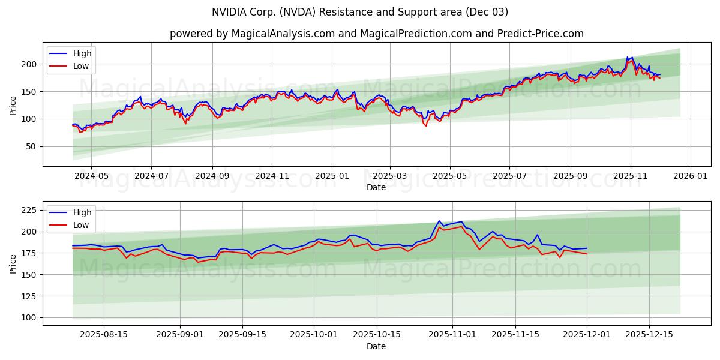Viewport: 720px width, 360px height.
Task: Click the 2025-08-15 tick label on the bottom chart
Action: coord(104,335)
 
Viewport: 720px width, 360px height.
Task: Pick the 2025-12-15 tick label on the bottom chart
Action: coord(649,335)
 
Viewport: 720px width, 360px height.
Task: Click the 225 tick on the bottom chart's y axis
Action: coord(29,210)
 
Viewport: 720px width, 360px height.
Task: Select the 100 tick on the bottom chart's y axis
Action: coord(29,317)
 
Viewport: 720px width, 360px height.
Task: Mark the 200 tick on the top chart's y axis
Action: coord(29,64)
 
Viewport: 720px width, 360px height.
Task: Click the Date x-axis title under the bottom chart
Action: coord(376,346)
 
